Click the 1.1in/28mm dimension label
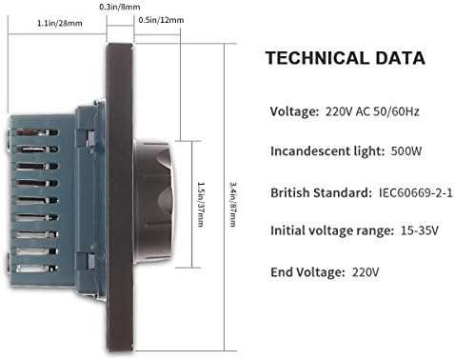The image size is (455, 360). (x=60, y=23)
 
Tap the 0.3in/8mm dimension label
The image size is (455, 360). (x=120, y=7)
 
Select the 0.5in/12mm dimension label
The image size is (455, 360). (x=161, y=20)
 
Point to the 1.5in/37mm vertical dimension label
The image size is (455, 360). (x=201, y=204)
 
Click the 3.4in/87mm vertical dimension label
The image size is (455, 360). (x=233, y=204)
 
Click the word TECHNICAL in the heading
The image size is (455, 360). (x=317, y=58)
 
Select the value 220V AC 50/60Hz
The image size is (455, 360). (x=372, y=111)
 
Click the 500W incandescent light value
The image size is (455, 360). (x=406, y=150)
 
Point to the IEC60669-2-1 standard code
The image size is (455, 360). (x=416, y=192)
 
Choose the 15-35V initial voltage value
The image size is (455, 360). (x=420, y=230)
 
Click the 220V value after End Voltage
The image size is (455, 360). (x=366, y=272)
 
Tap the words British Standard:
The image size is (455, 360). (x=321, y=193)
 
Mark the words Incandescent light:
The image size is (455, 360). (x=327, y=151)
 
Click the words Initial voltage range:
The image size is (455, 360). (x=332, y=231)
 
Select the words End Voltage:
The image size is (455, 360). (x=307, y=272)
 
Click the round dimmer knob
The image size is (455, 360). (x=154, y=204)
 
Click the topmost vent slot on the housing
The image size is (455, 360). (x=37, y=131)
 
